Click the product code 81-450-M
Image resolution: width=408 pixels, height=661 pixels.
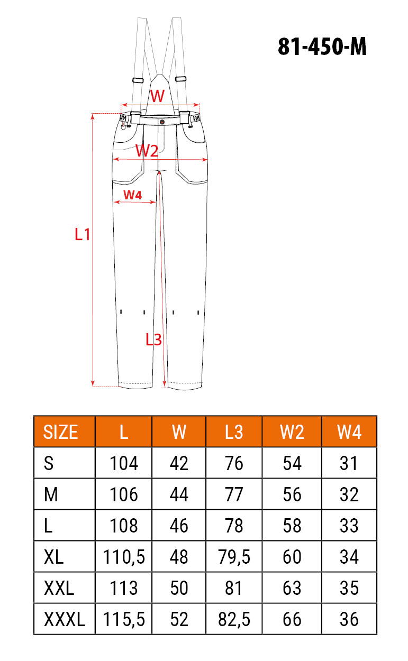tap(322, 47)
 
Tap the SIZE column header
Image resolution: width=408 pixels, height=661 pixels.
tap(60, 433)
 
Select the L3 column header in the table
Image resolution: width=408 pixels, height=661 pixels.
tap(234, 433)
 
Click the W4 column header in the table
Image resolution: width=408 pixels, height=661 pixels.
tap(349, 433)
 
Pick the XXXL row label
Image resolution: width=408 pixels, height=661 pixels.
tap(65, 619)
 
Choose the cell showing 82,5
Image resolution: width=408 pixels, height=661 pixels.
tap(234, 619)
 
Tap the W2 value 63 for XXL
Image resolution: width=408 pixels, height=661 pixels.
tap(292, 588)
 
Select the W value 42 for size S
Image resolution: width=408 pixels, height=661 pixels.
tap(179, 463)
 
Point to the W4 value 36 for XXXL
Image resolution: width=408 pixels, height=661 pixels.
tap(349, 619)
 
